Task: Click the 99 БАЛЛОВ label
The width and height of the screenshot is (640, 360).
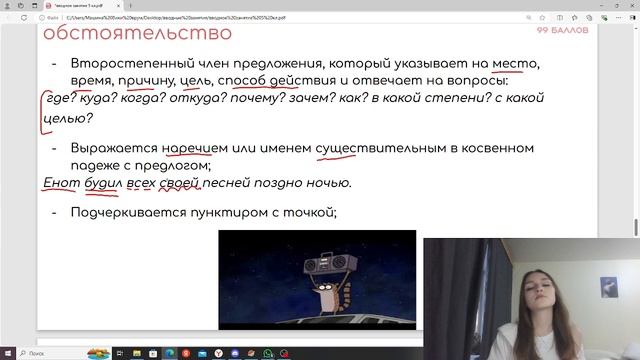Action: pyautogui.click(x=563, y=31)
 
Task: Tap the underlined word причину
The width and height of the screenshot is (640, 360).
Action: pyautogui.click(x=145, y=80)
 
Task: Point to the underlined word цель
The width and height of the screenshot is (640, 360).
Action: pyautogui.click(x=198, y=80)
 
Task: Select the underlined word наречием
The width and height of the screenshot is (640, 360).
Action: pyautogui.click(x=193, y=148)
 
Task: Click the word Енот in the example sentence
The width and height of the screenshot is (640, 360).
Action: pyautogui.click(x=62, y=183)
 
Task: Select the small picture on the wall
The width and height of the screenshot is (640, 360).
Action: pyautogui.click(x=608, y=287)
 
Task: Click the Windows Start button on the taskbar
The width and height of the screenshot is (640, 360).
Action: pyautogui.click(x=8, y=353)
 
